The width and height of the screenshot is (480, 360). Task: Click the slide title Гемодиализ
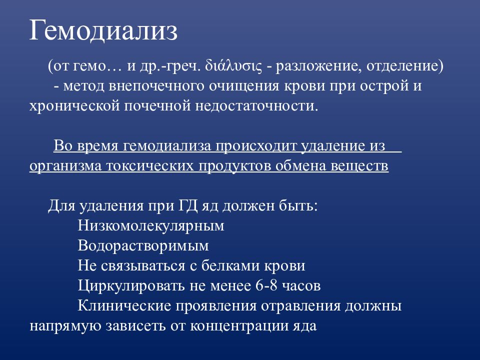103,31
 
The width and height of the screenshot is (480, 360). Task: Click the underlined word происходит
256,146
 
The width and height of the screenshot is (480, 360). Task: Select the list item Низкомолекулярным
151,226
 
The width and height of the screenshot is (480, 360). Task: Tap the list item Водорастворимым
143,246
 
